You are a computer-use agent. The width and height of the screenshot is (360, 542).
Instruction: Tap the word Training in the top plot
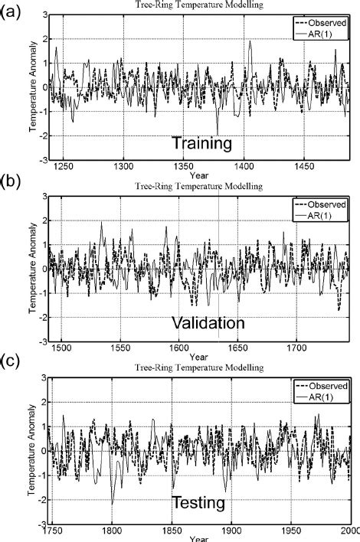pyautogui.click(x=201, y=143)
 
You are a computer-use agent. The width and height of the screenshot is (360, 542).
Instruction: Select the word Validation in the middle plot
pyautogui.click(x=208, y=322)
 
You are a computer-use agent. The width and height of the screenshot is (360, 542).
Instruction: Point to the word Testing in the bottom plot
pyautogui.click(x=198, y=503)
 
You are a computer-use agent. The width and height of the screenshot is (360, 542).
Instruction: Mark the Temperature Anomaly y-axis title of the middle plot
pyautogui.click(x=34, y=268)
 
